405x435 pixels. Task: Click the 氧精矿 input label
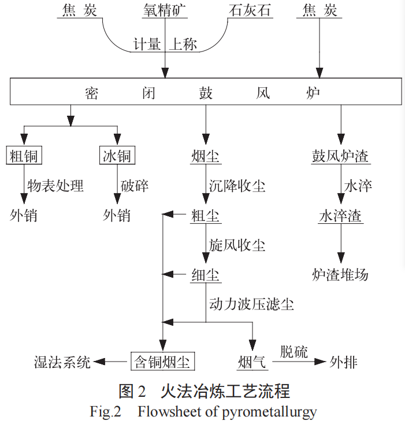[x=166, y=10]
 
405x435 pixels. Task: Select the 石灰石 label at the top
[x=250, y=10]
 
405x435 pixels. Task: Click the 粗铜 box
[x=24, y=156]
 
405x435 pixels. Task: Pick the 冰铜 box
[x=117, y=156]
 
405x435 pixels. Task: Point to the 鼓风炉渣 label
[x=340, y=156]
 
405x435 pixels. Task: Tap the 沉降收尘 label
[x=237, y=186]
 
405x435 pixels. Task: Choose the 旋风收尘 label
[x=237, y=245]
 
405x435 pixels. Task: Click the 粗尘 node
[x=206, y=216]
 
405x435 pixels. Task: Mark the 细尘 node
[x=206, y=275]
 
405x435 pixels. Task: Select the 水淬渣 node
[x=340, y=216]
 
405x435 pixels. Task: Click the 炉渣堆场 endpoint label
[x=340, y=274]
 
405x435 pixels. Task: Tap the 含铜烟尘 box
[x=162, y=362]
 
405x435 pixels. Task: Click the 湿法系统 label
[x=62, y=363]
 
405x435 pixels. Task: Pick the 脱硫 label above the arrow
[x=294, y=351]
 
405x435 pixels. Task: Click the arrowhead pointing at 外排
[x=317, y=362]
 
